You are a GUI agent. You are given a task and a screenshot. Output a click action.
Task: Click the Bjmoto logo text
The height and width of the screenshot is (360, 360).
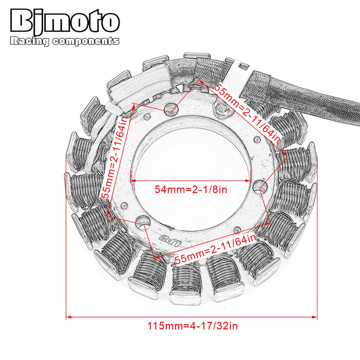64,22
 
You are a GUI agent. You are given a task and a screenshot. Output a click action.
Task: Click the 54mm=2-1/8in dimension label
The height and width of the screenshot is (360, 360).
191,189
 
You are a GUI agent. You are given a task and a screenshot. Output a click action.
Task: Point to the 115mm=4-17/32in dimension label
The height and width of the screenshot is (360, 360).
193,326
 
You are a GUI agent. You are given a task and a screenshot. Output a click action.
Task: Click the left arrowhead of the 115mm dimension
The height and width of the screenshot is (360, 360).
69,317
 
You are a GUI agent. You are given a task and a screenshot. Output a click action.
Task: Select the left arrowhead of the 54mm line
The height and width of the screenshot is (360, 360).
132,180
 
